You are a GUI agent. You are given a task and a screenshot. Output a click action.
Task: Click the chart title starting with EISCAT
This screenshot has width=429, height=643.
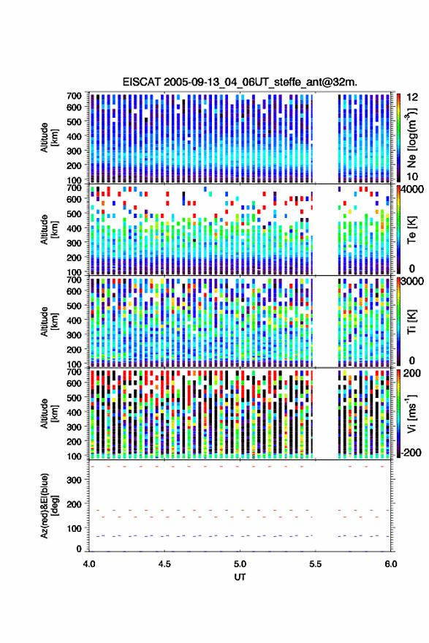click(240, 82)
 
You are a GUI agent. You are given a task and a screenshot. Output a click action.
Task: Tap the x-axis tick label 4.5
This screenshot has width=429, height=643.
click(164, 564)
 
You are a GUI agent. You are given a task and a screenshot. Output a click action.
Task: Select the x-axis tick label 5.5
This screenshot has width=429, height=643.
click(315, 564)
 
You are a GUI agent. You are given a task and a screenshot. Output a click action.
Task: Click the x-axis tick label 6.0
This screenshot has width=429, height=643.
click(390, 564)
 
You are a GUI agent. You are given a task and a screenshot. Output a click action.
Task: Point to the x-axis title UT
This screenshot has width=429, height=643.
click(240, 577)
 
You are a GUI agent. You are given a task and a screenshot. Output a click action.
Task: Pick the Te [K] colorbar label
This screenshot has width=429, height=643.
click(411, 230)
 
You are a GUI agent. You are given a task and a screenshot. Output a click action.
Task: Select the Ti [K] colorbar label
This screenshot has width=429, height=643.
click(411, 322)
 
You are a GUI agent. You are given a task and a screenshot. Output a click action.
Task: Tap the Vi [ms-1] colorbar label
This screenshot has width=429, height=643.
click(411, 413)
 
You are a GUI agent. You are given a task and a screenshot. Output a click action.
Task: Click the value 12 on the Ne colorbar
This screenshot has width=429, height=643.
click(412, 97)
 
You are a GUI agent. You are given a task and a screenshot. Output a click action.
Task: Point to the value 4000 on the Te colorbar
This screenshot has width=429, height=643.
click(412, 189)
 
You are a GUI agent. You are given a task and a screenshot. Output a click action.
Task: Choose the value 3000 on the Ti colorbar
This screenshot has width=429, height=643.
click(412, 282)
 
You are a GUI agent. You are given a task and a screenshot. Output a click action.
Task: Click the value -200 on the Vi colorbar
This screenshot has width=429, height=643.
click(411, 453)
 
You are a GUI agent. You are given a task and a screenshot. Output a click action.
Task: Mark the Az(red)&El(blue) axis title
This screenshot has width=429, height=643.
click(49, 505)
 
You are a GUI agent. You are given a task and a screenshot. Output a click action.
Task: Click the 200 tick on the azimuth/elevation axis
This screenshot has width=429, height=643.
click(74, 504)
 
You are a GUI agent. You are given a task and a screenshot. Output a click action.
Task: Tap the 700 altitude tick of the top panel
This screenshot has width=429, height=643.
click(74, 96)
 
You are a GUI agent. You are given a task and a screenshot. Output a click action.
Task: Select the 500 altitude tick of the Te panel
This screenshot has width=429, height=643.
click(74, 214)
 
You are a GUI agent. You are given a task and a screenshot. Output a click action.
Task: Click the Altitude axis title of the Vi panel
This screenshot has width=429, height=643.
click(49, 413)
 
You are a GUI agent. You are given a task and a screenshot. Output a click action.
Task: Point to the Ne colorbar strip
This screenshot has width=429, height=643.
click(398, 138)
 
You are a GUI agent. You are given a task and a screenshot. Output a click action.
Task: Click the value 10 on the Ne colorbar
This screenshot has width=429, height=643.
click(412, 177)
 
